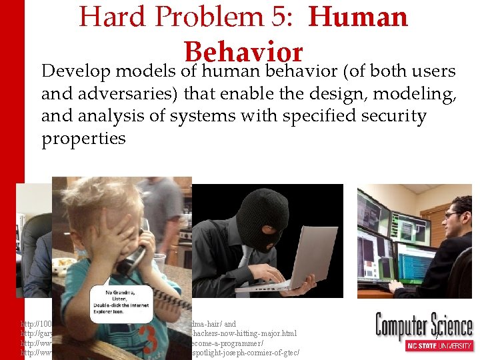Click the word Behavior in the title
243,51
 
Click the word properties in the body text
83,139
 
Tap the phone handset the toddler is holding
134,255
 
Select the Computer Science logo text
424,326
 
